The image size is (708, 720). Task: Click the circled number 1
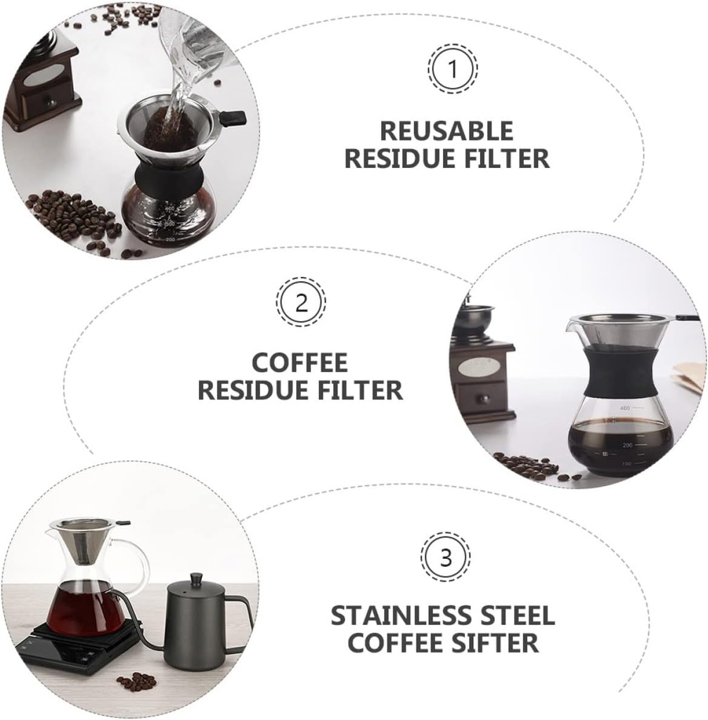coord(453,69)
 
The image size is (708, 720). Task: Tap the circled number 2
coord(301,302)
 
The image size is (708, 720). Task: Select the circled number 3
coord(446,558)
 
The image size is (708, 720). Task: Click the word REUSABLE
coord(446,131)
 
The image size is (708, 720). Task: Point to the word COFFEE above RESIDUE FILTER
coord(300,363)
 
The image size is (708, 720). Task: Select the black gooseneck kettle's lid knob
coord(198,577)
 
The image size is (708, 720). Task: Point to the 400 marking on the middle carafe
coord(624,408)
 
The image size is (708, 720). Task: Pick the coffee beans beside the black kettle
coord(136,680)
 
